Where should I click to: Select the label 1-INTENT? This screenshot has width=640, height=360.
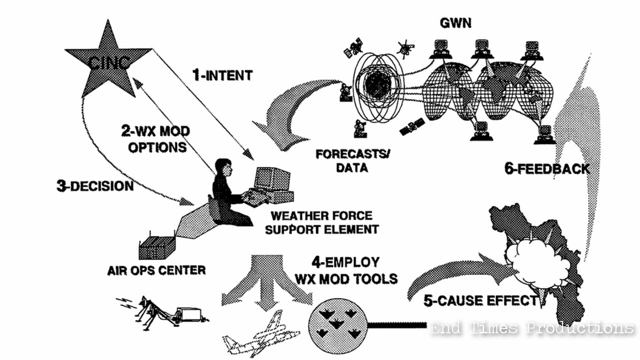pos(222,75)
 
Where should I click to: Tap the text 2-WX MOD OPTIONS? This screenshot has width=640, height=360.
pos(155,139)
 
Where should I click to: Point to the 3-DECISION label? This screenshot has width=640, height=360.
pos(95,186)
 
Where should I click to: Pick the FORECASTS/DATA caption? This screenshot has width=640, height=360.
pos(352,160)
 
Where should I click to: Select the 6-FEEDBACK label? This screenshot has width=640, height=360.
pos(547,168)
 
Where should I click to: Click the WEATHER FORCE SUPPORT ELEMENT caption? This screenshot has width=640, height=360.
pos(321,223)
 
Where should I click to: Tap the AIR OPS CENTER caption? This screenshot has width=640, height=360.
pos(156,270)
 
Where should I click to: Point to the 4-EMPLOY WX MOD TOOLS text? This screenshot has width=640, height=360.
pos(346,269)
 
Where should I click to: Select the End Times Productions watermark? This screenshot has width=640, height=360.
pos(532,328)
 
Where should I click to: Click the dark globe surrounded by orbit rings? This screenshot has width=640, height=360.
pos(377,85)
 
